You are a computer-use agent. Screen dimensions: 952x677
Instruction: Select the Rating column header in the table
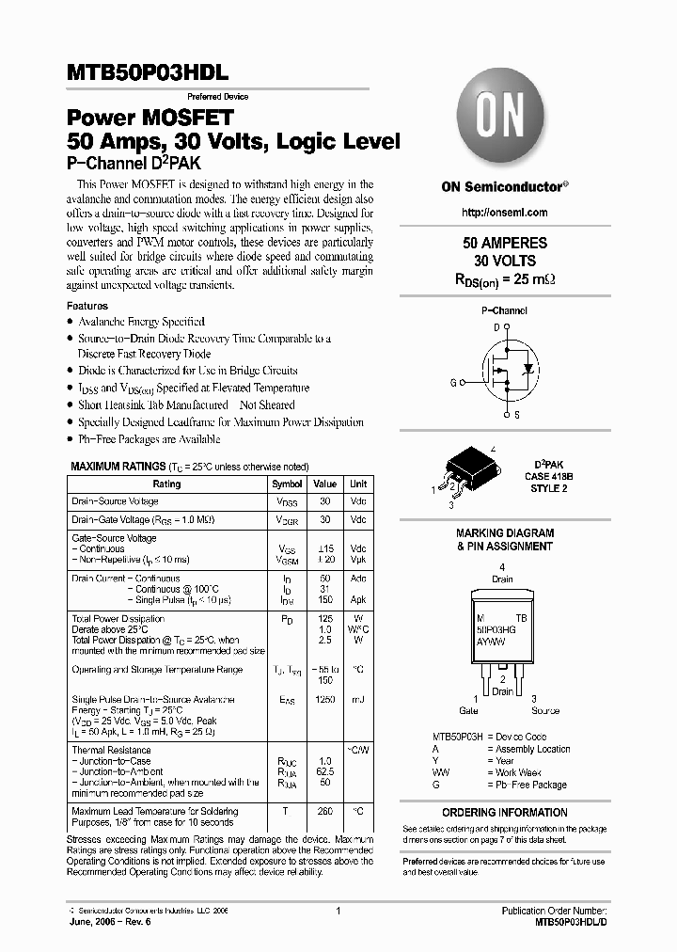click(166, 484)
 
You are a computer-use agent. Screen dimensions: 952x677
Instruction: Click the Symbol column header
click(287, 484)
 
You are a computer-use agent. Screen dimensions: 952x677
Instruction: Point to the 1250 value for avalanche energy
click(325, 700)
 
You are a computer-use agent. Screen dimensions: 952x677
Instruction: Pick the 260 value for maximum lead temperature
click(325, 811)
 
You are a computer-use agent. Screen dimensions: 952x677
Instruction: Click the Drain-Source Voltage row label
click(115, 501)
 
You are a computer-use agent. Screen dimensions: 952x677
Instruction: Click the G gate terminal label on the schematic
click(453, 383)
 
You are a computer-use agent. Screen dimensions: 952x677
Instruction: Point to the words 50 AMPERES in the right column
click(504, 243)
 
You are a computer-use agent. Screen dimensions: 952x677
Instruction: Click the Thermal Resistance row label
click(111, 750)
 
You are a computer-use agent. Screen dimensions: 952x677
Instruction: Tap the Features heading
click(87, 306)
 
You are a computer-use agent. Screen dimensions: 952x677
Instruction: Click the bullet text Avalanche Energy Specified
click(141, 322)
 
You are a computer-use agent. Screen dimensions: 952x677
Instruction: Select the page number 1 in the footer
click(337, 911)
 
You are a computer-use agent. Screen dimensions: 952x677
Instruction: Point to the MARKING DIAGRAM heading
click(504, 532)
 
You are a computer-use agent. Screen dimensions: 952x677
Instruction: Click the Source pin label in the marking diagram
click(545, 711)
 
